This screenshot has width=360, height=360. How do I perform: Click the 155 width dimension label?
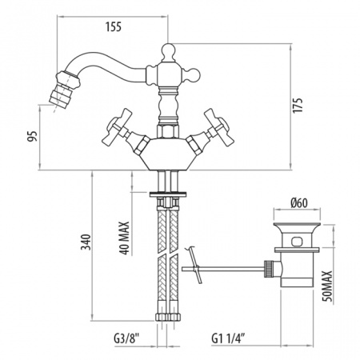pyautogui.click(x=114, y=27)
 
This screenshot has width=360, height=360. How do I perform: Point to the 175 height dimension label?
pyautogui.click(x=298, y=105)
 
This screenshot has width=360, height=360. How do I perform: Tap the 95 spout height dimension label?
pyautogui.click(x=33, y=136)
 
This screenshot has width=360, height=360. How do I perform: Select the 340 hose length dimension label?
pyautogui.click(x=86, y=242)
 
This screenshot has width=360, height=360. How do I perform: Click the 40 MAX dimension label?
pyautogui.click(x=125, y=238)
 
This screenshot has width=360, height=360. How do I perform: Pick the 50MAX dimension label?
pyautogui.click(x=327, y=286)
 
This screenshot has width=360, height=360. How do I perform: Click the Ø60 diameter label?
pyautogui.click(x=299, y=203)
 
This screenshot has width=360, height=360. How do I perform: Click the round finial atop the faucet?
pyautogui.click(x=168, y=51)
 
